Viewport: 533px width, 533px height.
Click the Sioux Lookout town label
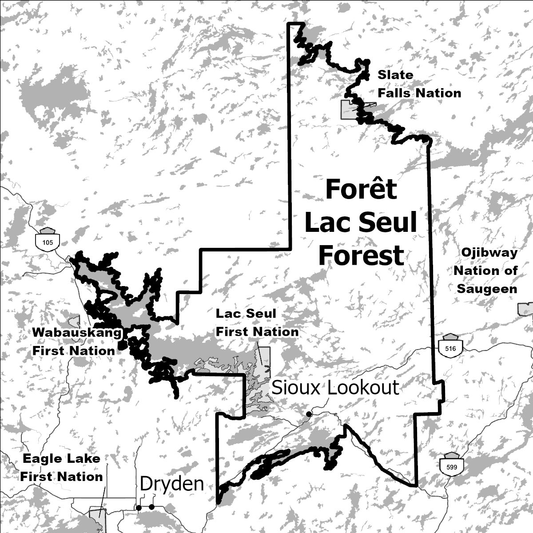335,388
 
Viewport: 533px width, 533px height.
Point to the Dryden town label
172,484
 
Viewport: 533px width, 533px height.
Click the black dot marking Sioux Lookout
309,414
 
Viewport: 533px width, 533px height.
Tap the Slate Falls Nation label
419,84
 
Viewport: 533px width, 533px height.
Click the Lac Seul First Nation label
257,322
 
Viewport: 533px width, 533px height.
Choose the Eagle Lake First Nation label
62,467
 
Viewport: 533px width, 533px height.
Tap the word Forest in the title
361,255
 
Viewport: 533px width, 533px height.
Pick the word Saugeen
487,289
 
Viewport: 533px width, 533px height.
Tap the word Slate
395,75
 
